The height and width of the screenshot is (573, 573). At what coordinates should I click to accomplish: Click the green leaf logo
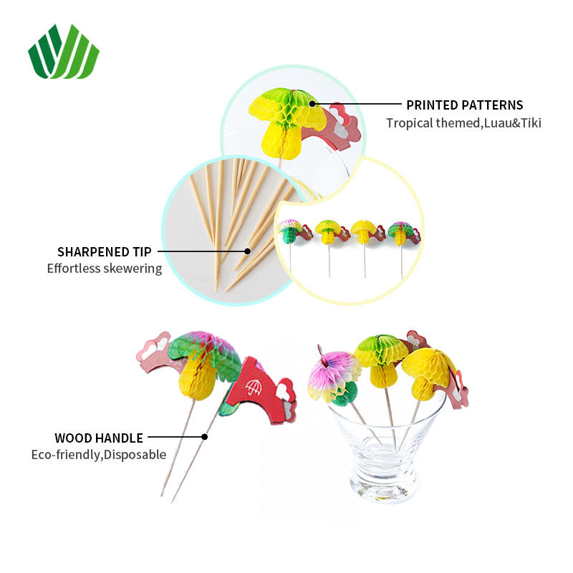click(63, 51)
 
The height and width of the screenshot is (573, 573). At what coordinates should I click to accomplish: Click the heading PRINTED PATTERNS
click(465, 105)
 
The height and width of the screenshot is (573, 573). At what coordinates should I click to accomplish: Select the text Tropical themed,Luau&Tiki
click(463, 122)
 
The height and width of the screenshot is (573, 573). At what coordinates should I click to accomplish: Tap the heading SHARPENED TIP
click(105, 251)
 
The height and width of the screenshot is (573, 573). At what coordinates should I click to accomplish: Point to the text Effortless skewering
click(105, 269)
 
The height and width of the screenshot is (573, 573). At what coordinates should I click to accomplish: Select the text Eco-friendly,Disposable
click(99, 454)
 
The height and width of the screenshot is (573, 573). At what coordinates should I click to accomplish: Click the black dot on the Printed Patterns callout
click(312, 105)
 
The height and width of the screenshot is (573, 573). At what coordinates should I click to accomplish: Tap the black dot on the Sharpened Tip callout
click(247, 251)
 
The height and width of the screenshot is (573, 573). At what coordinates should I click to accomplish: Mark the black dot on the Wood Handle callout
click(206, 436)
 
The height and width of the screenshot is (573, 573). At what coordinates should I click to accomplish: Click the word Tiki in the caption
click(530, 122)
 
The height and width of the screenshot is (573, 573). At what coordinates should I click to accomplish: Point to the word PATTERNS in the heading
click(493, 105)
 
